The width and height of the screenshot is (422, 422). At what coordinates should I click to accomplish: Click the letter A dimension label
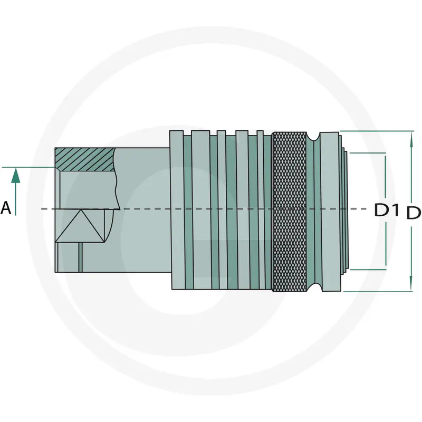click(6, 208)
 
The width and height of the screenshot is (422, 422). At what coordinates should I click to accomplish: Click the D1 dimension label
click(387, 210)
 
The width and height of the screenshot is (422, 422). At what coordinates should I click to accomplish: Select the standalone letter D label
click(414, 213)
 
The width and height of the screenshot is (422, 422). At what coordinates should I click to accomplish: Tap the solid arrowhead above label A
click(16, 176)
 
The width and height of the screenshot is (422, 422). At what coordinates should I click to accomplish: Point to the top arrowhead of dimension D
click(411, 139)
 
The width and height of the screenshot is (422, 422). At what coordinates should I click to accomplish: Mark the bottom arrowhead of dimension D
click(411, 283)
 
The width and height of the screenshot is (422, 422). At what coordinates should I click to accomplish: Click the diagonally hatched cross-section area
click(85, 159)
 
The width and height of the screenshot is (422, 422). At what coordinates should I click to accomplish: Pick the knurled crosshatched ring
click(289, 212)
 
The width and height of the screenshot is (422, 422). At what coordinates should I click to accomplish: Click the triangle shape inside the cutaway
click(80, 226)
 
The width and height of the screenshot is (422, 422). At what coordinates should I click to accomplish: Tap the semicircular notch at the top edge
click(313, 137)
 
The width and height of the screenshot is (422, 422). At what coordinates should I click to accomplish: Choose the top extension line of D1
click(368, 153)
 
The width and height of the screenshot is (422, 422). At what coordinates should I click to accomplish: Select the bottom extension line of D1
click(368, 269)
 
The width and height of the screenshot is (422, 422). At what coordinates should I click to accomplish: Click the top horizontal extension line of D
click(377, 131)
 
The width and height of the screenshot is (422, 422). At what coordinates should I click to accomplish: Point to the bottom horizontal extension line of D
click(378, 292)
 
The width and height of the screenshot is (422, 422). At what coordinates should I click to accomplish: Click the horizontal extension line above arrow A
click(28, 167)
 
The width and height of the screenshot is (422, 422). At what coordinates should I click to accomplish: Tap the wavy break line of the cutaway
click(117, 179)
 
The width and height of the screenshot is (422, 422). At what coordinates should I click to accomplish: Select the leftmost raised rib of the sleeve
click(177, 210)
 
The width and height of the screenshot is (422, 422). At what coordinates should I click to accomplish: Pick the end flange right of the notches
click(330, 212)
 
